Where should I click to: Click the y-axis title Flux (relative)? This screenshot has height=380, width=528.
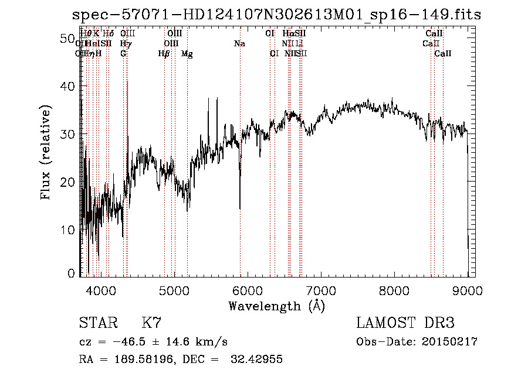click(x=46, y=152)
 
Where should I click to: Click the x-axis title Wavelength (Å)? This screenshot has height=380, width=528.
click(x=276, y=306)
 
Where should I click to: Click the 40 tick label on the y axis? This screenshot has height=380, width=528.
click(x=67, y=86)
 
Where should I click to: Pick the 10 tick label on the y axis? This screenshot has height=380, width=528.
click(x=67, y=230)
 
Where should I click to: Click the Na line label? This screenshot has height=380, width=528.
click(x=239, y=43)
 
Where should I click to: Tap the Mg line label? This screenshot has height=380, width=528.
click(x=187, y=54)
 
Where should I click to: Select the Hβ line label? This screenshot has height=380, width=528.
click(x=164, y=54)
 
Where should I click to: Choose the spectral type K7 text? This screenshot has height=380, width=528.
click(x=151, y=323)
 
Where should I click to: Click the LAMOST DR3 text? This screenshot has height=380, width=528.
click(x=405, y=323)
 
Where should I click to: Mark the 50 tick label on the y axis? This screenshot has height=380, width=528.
click(x=67, y=38)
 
